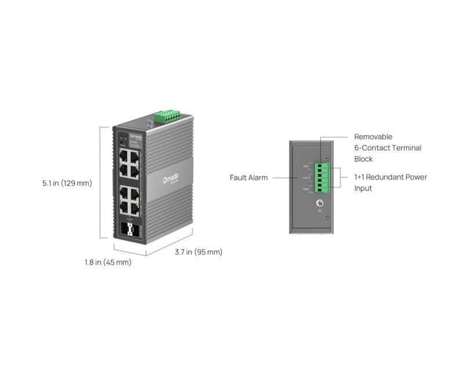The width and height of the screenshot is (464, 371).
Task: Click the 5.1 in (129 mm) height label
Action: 67,183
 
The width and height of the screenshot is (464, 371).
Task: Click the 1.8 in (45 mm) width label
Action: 108,262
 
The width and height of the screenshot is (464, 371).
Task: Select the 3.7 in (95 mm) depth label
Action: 199,252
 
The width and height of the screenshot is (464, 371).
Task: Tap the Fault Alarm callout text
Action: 249,177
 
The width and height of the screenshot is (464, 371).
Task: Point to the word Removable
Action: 374,137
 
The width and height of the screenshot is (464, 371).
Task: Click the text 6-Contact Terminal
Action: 387,148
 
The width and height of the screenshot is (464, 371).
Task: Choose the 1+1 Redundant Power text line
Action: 390,177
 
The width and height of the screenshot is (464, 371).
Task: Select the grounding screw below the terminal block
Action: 319,203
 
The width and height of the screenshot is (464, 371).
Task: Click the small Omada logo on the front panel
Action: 135,136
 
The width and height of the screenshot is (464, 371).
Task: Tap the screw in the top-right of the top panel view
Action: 327,159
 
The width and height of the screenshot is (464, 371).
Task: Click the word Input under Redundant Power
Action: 363,188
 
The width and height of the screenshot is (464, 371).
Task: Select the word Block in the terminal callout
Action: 364,159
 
